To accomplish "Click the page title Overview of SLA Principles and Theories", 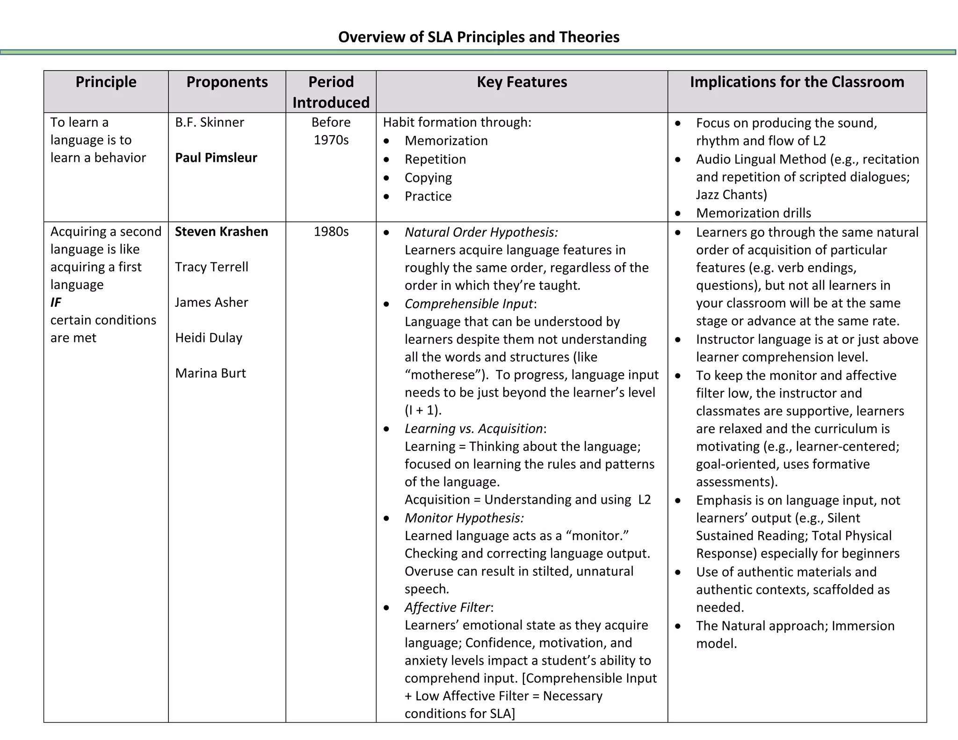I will pyautogui.click(x=479, y=37).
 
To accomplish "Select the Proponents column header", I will pyautogui.click(x=227, y=82).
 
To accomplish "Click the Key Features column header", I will pyautogui.click(x=522, y=82).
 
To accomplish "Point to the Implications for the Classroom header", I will pyautogui.click(x=797, y=82).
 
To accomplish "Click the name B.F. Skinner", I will pyautogui.click(x=209, y=123).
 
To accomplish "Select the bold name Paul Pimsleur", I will pyautogui.click(x=216, y=158).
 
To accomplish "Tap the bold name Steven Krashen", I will pyautogui.click(x=221, y=232).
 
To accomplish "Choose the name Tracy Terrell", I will pyautogui.click(x=211, y=267).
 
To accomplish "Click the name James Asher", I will pyautogui.click(x=211, y=303).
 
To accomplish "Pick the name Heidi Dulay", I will pyautogui.click(x=209, y=338).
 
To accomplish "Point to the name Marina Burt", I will pyautogui.click(x=210, y=373).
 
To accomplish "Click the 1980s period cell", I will pyautogui.click(x=331, y=232).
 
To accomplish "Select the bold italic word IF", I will pyautogui.click(x=56, y=303).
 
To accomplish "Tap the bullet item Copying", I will pyautogui.click(x=428, y=178).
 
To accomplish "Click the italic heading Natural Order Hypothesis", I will pyautogui.click(x=481, y=232).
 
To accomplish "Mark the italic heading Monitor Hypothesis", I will pyautogui.click(x=464, y=518).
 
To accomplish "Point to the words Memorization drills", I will pyautogui.click(x=753, y=213).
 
